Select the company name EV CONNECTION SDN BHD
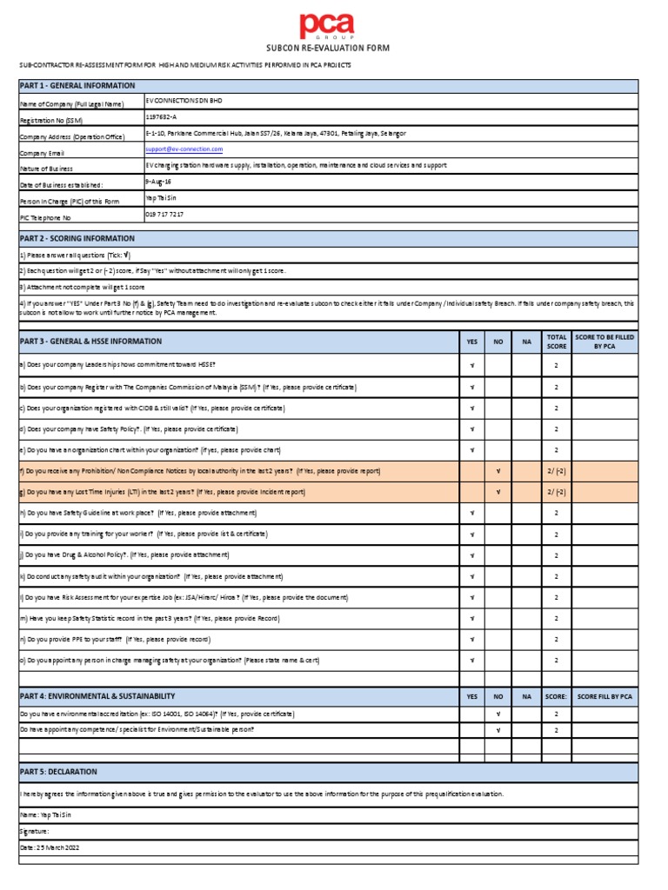coord(184,102)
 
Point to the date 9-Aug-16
coord(158,182)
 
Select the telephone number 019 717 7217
coord(164,214)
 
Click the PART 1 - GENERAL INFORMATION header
coord(78,85)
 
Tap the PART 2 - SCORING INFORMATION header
coord(78,238)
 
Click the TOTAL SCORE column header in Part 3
coord(556,342)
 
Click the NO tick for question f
coord(498,471)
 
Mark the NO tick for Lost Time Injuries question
coord(498,492)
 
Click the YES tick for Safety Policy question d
coord(471,429)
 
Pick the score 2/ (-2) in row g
coord(556,492)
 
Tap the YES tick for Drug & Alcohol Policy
coord(471,555)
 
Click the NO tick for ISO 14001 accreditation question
coord(498,714)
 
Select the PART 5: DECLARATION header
coord(60,772)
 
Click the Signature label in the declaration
coord(37,832)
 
